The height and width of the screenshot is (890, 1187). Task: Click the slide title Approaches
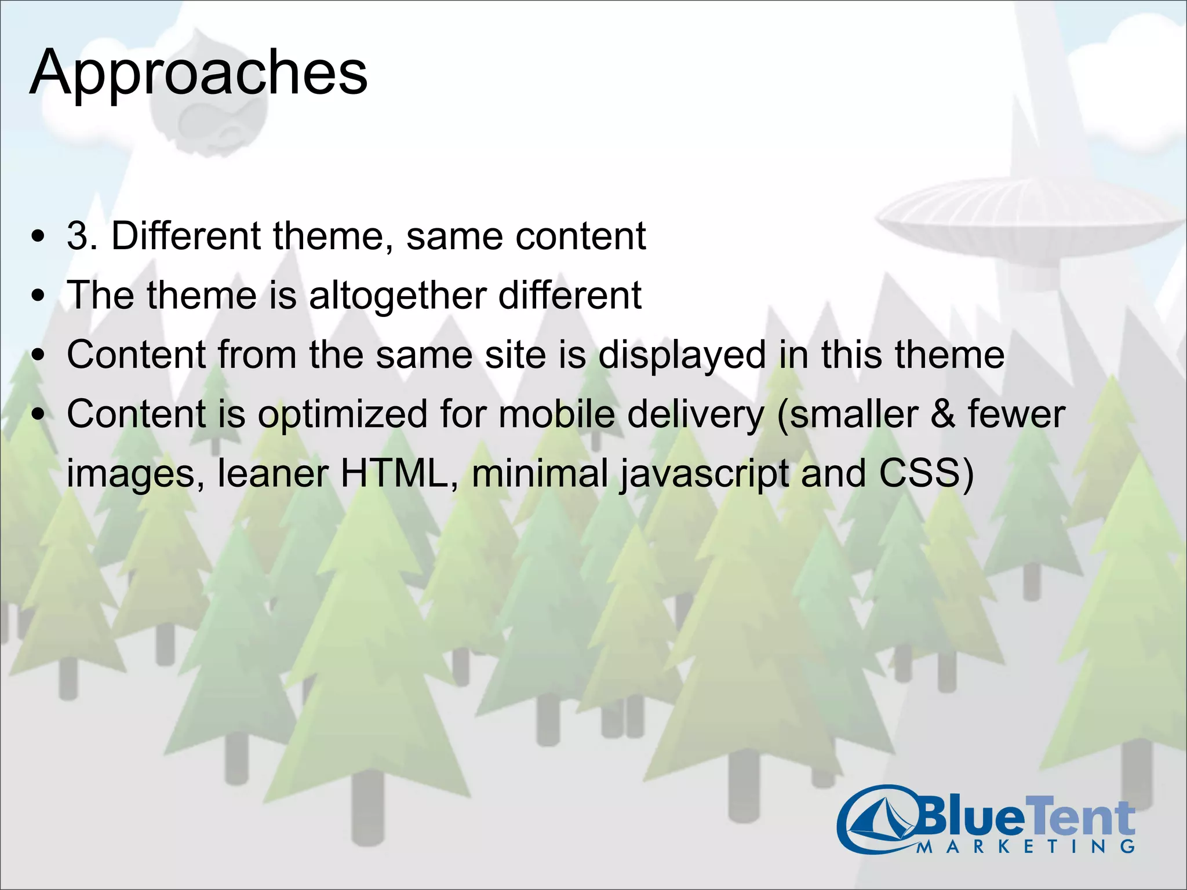tap(198, 74)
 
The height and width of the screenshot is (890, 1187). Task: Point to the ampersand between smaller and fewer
tap(942, 415)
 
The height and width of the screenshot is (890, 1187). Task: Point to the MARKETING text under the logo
tap(1026, 847)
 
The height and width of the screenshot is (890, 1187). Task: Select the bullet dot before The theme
tap(38, 296)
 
